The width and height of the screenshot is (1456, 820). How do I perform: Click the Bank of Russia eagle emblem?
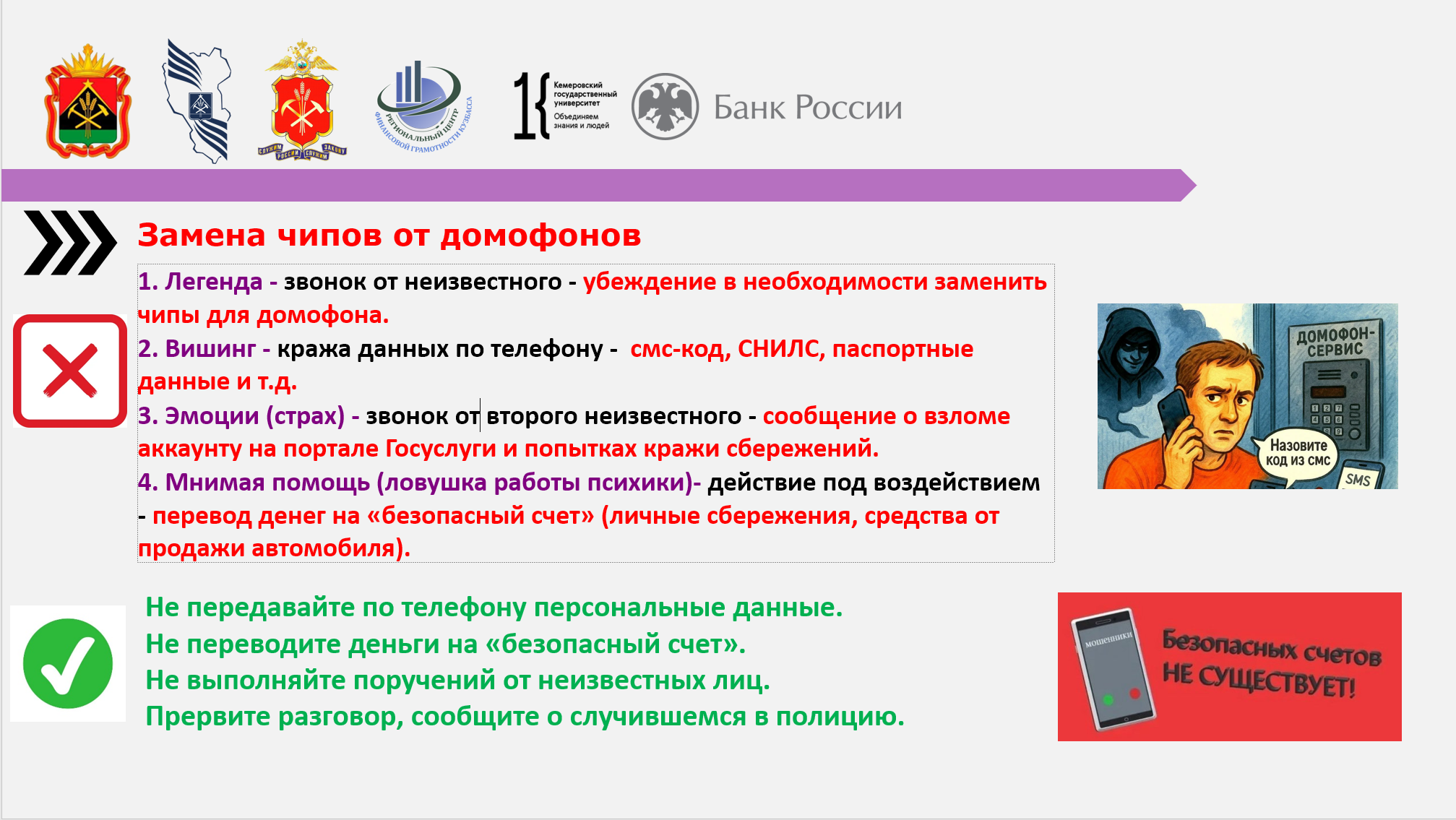click(x=665, y=106)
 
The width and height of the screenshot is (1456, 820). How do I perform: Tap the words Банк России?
click(x=808, y=108)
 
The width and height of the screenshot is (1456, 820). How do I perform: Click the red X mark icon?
click(x=70, y=371)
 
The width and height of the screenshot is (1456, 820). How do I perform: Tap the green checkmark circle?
click(x=68, y=663)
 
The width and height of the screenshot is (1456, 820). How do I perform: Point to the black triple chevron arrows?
click(x=70, y=243)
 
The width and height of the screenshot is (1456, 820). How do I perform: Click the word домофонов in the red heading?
click(x=540, y=236)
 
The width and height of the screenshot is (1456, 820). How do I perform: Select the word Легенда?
click(x=213, y=282)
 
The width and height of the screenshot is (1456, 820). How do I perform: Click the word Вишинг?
click(x=210, y=349)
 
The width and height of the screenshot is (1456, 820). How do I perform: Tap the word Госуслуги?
click(x=441, y=449)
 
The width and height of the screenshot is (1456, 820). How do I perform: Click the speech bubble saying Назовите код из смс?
click(x=1298, y=453)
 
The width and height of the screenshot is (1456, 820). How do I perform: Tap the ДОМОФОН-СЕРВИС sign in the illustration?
click(x=1335, y=342)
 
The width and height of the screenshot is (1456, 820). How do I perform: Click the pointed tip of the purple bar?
click(x=1196, y=186)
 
